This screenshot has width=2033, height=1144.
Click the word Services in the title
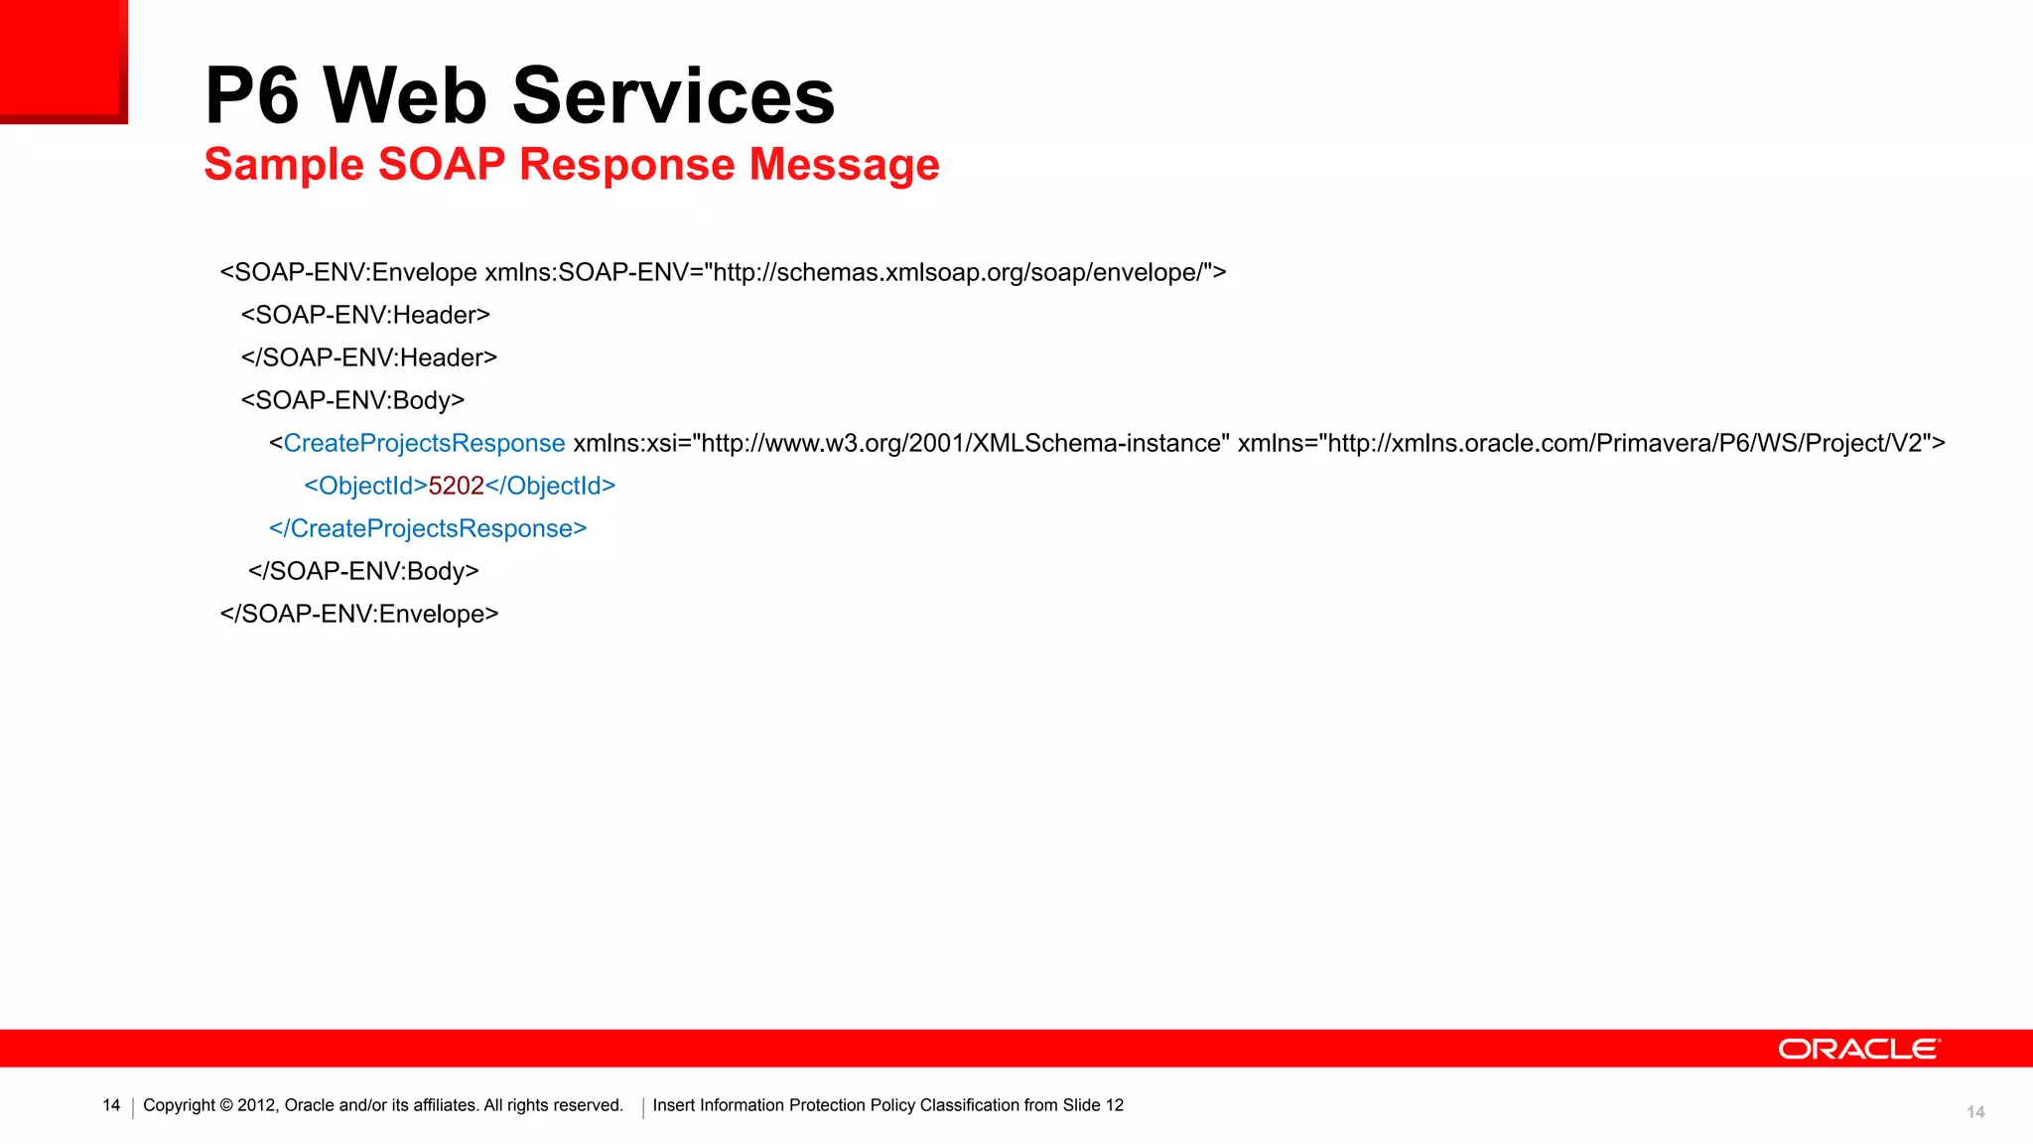click(673, 95)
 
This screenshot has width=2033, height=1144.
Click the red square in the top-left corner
click(62, 60)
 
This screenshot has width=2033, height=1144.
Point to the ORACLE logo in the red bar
click(1858, 1049)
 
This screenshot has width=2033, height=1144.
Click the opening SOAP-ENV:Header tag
click(365, 315)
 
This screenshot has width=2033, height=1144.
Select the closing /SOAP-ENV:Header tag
click(369, 357)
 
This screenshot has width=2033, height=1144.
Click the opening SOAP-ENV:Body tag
click(352, 400)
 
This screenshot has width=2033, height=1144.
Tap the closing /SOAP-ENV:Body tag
click(363, 571)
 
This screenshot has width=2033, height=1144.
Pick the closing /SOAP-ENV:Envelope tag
click(359, 614)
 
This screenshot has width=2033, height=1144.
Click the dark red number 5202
click(456, 486)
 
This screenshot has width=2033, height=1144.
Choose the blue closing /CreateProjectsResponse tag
click(428, 528)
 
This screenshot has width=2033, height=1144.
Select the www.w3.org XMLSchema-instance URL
click(960, 443)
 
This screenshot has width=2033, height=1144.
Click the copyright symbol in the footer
click(226, 1105)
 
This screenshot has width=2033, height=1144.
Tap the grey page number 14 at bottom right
click(1975, 1112)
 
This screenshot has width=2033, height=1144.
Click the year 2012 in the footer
click(257, 1105)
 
